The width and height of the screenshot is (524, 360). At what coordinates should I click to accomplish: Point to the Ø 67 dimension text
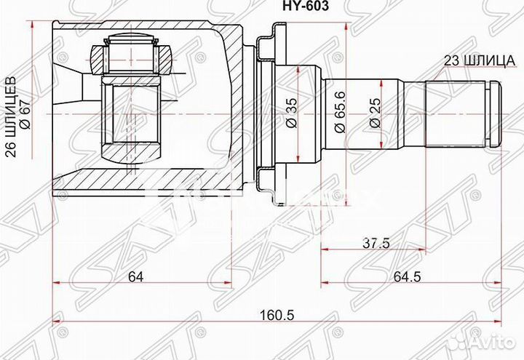(27, 113)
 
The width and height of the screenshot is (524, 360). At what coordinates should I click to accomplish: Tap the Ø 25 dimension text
(374, 113)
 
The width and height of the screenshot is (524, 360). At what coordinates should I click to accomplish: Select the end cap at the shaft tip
(496, 113)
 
